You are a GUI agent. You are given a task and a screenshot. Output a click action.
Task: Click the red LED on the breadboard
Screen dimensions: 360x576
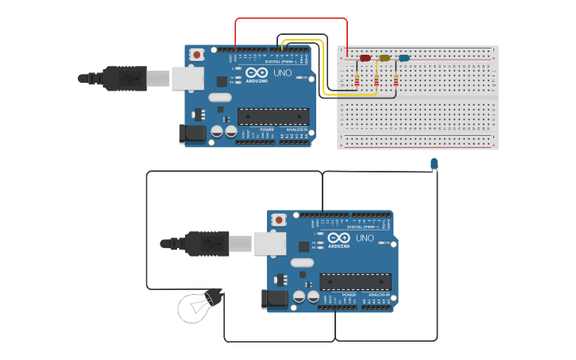tap(365, 58)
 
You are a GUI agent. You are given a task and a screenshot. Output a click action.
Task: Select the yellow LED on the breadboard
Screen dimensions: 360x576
tap(385, 58)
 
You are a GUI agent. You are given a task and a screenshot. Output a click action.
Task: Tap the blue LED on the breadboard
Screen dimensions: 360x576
tap(404, 58)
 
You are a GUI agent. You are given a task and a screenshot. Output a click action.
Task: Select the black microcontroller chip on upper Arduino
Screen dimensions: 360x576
tap(273, 116)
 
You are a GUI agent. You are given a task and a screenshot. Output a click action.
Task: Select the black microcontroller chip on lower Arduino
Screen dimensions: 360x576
tap(355, 281)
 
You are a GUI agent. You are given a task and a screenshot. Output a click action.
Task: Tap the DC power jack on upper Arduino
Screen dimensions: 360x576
tap(191, 134)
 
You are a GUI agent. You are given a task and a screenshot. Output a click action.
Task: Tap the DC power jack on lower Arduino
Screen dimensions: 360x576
tap(274, 299)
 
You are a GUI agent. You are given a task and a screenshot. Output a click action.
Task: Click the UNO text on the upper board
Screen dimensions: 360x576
tap(283, 72)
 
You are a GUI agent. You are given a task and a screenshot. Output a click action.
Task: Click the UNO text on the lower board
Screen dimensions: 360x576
tap(365, 238)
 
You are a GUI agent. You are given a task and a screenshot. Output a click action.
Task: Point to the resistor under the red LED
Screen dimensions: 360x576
tap(357, 79)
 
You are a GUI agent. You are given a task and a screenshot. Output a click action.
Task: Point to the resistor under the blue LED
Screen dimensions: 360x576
tap(396, 79)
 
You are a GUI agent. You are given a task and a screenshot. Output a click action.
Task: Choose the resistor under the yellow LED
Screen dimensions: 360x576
tap(377, 79)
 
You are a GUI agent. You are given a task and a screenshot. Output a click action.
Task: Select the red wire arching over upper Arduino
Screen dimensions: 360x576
tap(291, 18)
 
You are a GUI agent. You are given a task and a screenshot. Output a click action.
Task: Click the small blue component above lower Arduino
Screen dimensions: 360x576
tap(434, 164)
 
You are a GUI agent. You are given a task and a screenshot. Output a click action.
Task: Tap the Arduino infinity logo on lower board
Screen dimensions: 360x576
tap(338, 238)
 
